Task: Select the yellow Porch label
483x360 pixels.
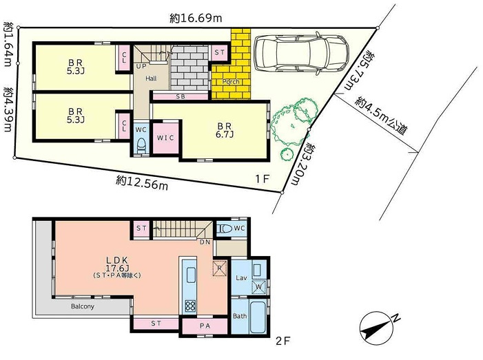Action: click(x=231, y=82)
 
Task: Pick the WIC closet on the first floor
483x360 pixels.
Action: click(x=165, y=138)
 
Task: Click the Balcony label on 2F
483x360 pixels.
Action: click(x=81, y=306)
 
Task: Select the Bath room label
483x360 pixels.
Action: click(x=239, y=316)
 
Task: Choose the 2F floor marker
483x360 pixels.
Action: click(x=283, y=341)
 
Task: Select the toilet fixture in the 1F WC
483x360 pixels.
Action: click(x=140, y=144)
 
